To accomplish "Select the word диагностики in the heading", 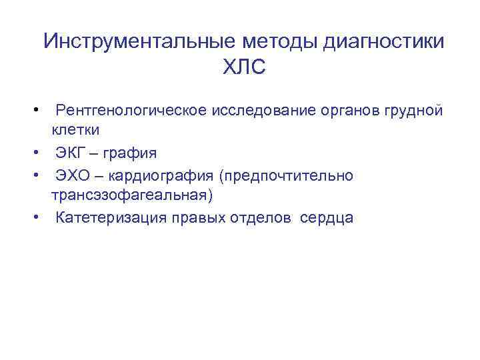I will pos(384,41).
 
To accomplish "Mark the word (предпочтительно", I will pos(289,175).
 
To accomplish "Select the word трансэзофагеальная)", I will pos(132,195).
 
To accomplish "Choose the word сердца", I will pos(327,217).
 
